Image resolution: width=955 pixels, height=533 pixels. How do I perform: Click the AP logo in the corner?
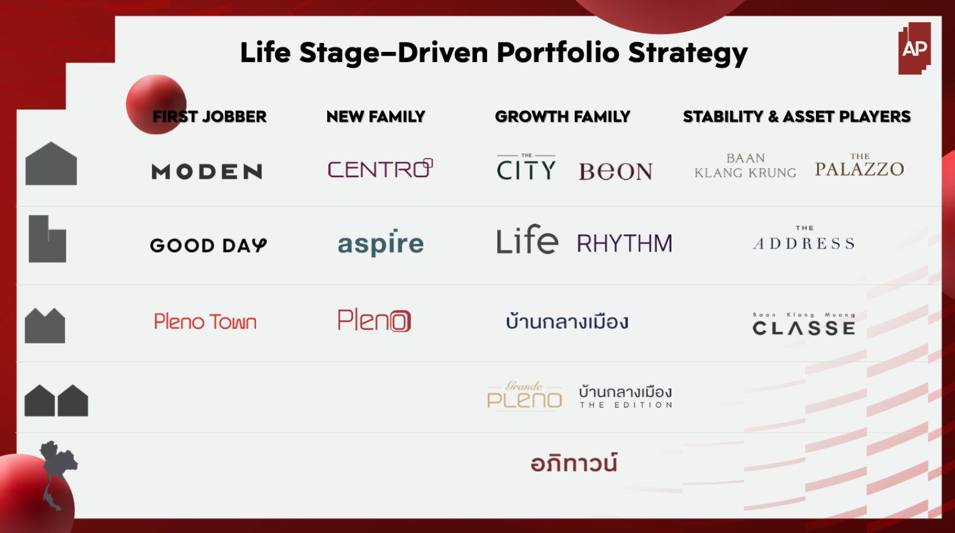(914, 48)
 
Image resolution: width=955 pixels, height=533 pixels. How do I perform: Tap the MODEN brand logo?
(207, 172)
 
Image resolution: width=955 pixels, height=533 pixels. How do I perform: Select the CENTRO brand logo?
(380, 168)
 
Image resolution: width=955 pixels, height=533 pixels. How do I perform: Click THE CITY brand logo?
(526, 167)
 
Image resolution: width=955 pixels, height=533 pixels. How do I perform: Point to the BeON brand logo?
(615, 172)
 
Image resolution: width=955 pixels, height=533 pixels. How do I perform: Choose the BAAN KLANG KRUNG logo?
(745, 166)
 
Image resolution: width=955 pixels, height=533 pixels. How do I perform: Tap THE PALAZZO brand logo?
(860, 165)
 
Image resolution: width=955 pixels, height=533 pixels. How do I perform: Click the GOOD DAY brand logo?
(208, 245)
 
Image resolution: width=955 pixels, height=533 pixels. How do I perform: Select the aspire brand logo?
(381, 243)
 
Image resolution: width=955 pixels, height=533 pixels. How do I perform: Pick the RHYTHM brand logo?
(624, 243)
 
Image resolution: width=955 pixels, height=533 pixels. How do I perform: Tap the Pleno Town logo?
(205, 321)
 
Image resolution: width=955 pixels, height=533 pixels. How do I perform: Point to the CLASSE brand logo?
(804, 324)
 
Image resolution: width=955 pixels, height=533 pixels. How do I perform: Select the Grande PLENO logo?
(525, 395)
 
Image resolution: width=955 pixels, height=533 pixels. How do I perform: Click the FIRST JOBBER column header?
(210, 116)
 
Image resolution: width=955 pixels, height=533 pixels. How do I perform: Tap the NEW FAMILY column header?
(375, 116)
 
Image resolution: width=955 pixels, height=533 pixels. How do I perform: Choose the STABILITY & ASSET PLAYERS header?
(797, 116)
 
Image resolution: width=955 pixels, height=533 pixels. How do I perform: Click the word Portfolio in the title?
(557, 53)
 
